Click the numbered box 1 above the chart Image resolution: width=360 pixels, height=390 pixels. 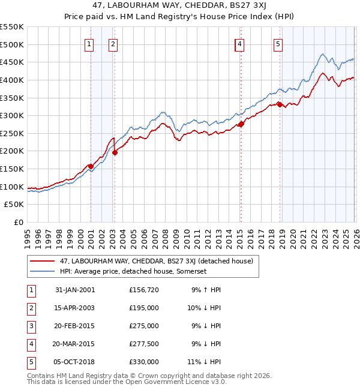pos(89,43)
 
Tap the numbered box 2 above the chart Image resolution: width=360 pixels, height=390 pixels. pos(113,43)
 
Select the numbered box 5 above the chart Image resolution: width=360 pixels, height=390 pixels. pos(278,43)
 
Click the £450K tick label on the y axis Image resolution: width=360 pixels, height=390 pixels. pos(12,62)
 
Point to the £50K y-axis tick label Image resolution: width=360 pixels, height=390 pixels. pos(14,205)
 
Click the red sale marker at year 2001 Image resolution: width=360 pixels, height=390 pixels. pos(91,166)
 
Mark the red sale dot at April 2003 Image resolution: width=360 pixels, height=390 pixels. pos(115,152)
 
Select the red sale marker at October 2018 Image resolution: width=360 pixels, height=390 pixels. pos(280,104)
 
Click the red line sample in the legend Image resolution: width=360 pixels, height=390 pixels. pos(42,261)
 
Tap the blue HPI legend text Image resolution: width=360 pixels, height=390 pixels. pos(133,271)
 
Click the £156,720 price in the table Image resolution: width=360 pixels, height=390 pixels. pos(144,290)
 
